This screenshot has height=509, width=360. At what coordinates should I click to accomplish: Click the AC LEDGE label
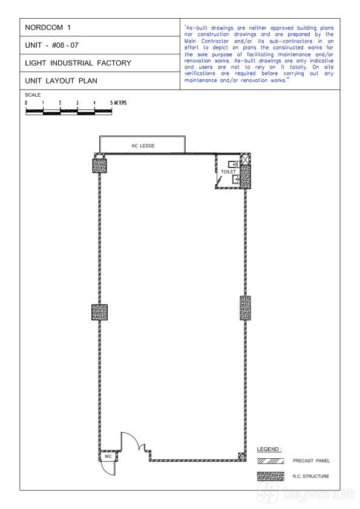(143, 146)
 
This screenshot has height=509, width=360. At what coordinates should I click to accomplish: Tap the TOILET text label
(229, 172)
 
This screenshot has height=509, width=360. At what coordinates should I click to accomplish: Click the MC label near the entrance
(108, 456)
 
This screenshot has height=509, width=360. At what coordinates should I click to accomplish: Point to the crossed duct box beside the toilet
(244, 159)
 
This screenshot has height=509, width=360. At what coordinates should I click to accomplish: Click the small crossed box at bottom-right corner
(241, 456)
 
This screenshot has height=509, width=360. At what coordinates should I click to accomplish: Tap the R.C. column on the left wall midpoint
(99, 313)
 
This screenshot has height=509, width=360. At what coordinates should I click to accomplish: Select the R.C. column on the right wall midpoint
(245, 308)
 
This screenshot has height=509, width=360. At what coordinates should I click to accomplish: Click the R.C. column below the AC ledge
(100, 165)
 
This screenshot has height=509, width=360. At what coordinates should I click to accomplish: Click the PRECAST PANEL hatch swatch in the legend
(270, 461)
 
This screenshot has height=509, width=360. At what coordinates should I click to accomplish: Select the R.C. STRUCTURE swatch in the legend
(270, 476)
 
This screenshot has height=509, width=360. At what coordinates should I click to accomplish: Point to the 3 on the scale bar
(77, 103)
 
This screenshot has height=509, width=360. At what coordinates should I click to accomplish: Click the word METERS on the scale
(120, 103)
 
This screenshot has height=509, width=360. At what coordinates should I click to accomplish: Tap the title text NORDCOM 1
(48, 27)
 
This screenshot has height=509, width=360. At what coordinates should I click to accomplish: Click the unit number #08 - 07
(65, 45)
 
